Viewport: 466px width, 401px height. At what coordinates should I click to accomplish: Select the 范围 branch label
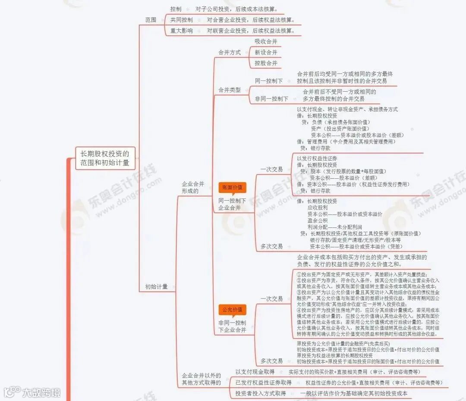[x=151, y=20]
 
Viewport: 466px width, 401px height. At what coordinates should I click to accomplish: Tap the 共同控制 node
[x=181, y=20]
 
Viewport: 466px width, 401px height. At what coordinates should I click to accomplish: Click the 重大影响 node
[x=181, y=31]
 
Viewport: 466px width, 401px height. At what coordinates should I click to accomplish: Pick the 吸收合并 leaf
[x=266, y=41]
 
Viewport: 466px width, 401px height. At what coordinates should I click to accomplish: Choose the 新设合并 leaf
[x=266, y=52]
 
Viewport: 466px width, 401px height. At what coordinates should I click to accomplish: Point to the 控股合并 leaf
[x=266, y=63]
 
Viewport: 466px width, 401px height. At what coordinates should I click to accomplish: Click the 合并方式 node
[x=230, y=53]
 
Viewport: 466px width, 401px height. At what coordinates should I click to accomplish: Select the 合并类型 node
[x=230, y=90]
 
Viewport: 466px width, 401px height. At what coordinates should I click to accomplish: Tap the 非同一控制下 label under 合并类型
[x=271, y=99]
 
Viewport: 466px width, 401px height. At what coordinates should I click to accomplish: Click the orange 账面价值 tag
[x=233, y=187]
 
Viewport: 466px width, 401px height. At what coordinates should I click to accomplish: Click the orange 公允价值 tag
[x=233, y=310]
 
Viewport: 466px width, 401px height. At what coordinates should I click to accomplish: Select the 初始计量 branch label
[x=156, y=286]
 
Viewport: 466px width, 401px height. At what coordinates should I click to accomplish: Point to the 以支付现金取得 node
[x=255, y=372]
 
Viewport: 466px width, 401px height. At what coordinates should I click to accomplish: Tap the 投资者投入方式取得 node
[x=261, y=393]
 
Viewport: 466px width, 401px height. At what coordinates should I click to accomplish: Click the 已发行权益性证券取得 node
[x=264, y=382]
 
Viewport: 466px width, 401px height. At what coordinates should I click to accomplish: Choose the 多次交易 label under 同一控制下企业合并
[x=271, y=246]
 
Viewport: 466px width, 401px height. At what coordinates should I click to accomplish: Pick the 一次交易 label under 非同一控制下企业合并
[x=271, y=298]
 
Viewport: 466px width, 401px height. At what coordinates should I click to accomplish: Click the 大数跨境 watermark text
[x=41, y=392]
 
